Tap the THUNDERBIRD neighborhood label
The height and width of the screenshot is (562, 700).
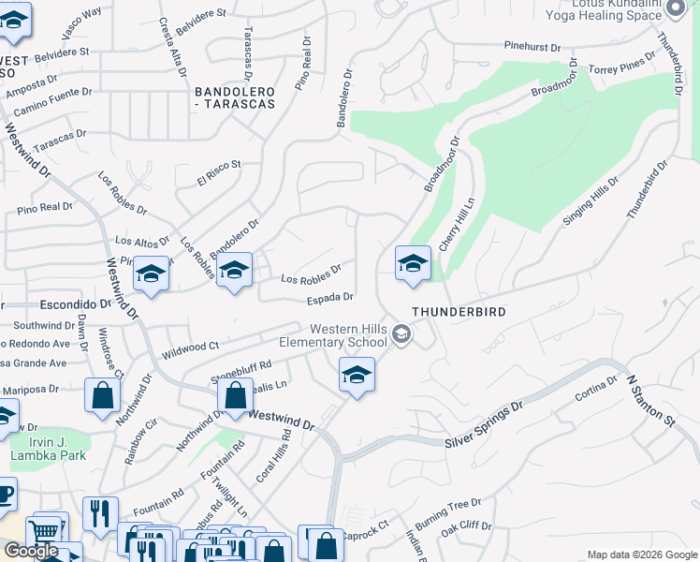click(x=459, y=312)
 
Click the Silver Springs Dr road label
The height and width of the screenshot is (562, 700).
click(x=484, y=424)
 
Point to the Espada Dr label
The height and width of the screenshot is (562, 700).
click(x=329, y=299)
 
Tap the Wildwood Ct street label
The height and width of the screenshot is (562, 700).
click(x=190, y=350)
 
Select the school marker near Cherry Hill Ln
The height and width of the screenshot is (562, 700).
click(x=413, y=265)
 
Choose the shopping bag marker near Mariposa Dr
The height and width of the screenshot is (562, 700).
click(x=102, y=397)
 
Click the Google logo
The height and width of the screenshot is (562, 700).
click(x=31, y=551)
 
